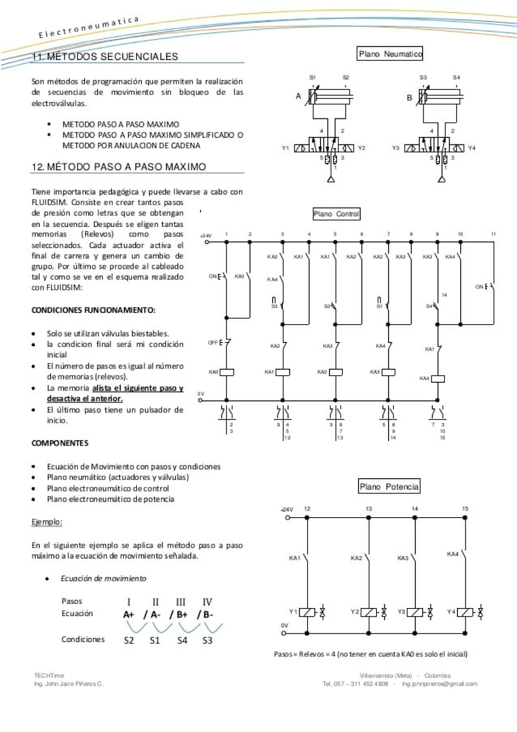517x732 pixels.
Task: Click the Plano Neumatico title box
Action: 391,54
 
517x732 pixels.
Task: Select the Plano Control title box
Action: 336,214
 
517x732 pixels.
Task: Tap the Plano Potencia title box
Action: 390,486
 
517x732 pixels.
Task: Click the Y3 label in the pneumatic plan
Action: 395,149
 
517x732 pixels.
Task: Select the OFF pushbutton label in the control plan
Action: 213,343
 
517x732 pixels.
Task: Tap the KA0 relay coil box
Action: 228,372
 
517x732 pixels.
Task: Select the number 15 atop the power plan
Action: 465,508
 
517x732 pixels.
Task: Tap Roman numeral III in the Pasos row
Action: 181,601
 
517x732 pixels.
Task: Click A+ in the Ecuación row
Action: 129,614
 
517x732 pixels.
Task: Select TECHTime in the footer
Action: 48,674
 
